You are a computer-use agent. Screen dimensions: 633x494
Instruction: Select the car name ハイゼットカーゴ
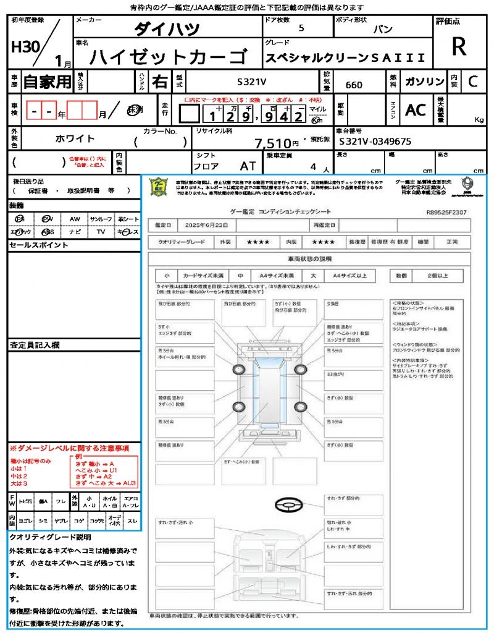tap(168, 56)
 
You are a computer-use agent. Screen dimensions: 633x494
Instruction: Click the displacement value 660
tap(354, 85)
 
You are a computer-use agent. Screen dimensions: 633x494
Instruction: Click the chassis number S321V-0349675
tap(375, 142)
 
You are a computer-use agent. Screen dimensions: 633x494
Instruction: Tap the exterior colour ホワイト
tap(75, 138)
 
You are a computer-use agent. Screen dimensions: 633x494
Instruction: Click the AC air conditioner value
tap(416, 110)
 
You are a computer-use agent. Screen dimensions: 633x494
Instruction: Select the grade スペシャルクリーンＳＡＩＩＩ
tap(345, 57)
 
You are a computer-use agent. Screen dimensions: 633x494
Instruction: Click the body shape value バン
tap(383, 29)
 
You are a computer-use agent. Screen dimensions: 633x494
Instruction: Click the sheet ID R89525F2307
tap(446, 212)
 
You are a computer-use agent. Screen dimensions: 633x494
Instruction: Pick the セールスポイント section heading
tap(39, 245)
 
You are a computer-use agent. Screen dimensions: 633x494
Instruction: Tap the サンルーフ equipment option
tap(101, 219)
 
